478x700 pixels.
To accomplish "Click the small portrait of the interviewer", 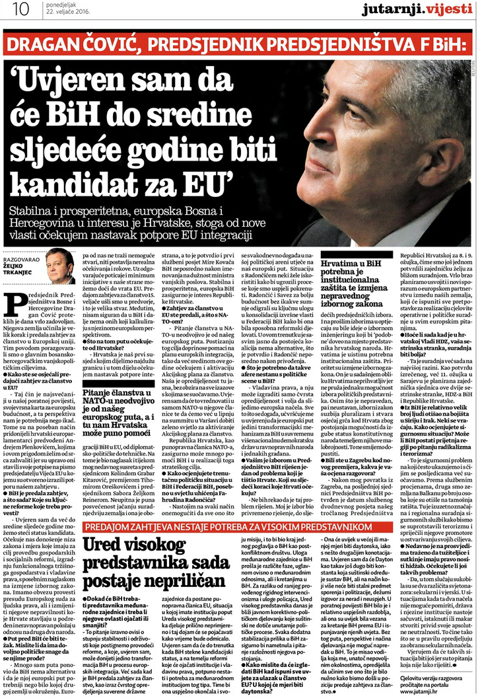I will (60, 266).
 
